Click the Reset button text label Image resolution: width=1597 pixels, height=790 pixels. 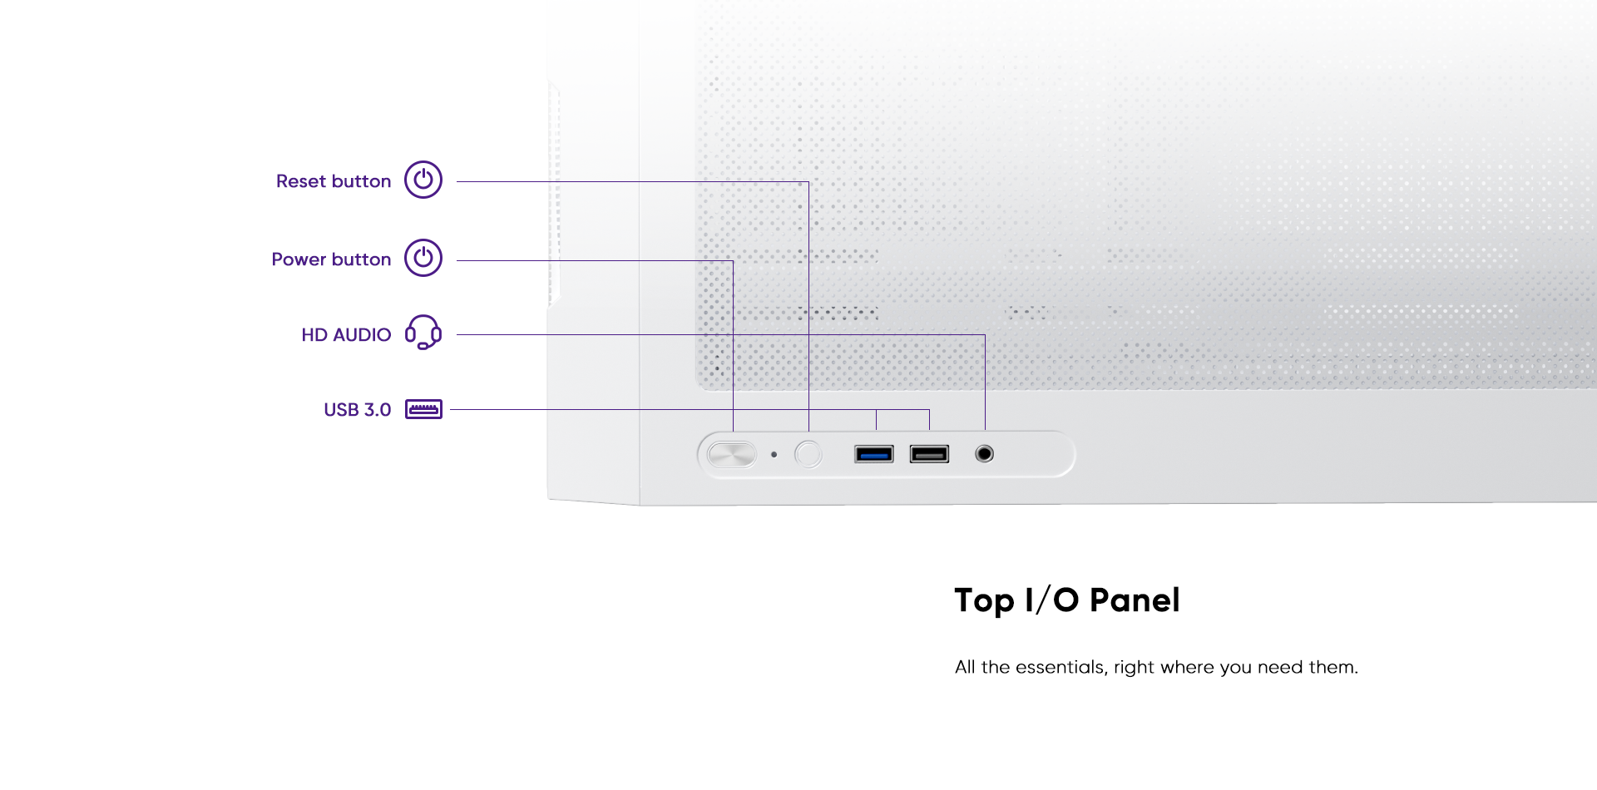tap(334, 181)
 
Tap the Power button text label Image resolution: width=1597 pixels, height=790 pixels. tap(331, 259)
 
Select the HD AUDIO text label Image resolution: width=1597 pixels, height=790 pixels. tap(346, 335)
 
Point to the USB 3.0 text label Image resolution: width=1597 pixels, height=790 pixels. tap(358, 410)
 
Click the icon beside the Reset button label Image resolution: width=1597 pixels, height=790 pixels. tap(423, 180)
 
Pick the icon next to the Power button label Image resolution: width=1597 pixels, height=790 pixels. tap(423, 258)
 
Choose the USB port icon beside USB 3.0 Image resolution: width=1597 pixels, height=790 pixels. tap(423, 409)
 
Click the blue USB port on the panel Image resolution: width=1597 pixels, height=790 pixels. tap(874, 454)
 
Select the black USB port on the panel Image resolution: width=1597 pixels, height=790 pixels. tap(929, 454)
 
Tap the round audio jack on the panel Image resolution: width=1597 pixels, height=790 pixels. tap(985, 454)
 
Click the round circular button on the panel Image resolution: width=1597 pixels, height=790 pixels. tap(808, 454)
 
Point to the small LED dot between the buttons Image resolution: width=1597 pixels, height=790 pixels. tap(774, 455)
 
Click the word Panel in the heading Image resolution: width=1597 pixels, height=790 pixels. tap(1135, 600)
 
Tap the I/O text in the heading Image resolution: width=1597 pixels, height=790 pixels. tap(1052, 600)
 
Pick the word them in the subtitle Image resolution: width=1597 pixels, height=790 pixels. tap(1333, 668)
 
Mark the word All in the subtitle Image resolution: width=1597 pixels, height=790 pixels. tap(965, 668)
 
